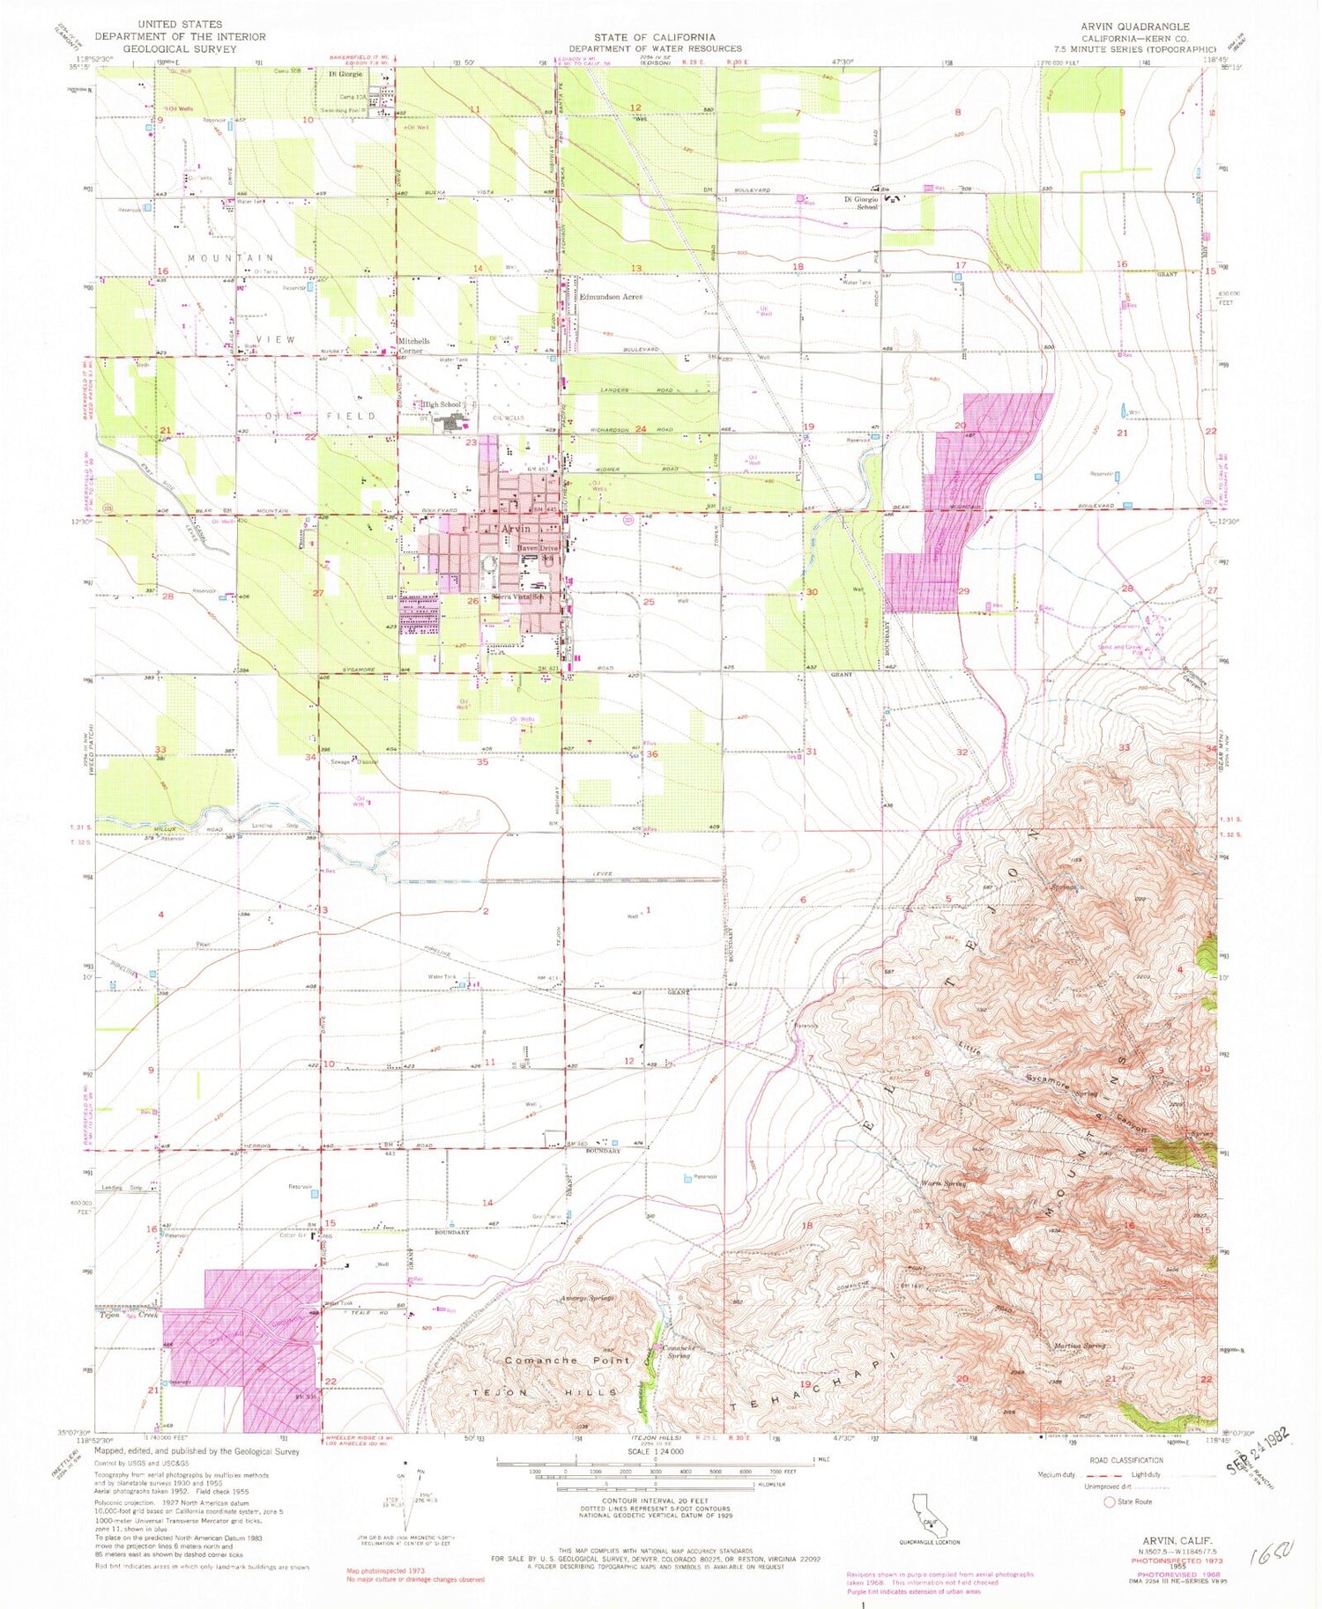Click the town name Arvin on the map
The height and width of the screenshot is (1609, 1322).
coord(516,529)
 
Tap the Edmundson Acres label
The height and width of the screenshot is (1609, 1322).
coord(611,297)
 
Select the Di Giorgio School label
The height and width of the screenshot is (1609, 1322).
coord(860,203)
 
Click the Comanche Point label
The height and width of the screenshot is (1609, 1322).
coord(568,1361)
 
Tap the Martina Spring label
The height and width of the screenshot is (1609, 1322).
coord(1081,1346)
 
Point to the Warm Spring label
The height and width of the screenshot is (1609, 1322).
coord(943,1183)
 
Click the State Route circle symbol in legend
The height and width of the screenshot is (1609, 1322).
coord(1109,1502)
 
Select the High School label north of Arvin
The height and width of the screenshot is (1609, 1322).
coord(442,404)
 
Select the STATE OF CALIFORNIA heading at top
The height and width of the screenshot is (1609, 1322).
coord(654,37)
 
